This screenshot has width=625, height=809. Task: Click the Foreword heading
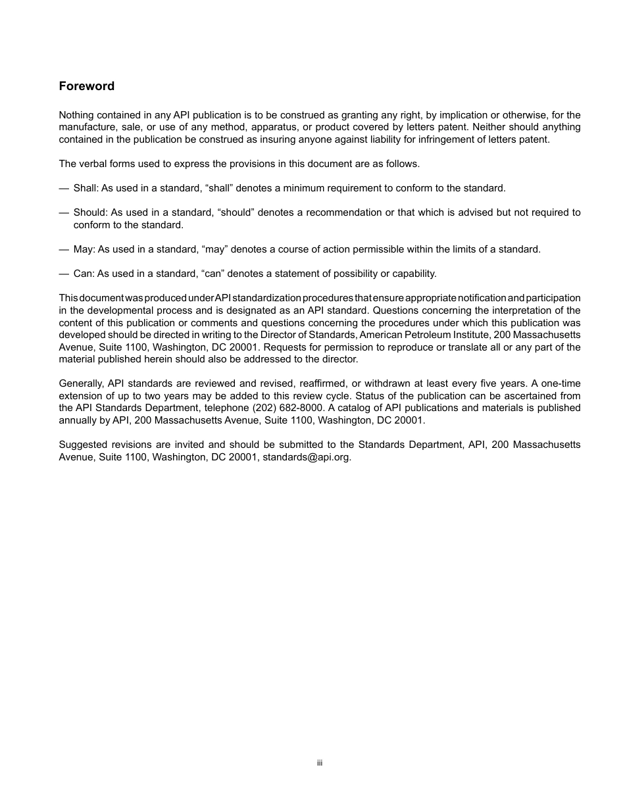[x=86, y=86]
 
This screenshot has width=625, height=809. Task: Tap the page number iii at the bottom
[x=320, y=763]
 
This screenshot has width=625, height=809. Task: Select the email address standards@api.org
[x=307, y=457]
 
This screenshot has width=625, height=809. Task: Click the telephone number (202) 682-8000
[x=287, y=408]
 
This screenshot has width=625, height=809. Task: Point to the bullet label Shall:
[x=86, y=188]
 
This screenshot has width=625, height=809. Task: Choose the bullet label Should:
[x=90, y=212]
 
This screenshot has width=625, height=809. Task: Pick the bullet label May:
[x=84, y=249]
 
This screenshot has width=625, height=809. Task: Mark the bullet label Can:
[x=84, y=274]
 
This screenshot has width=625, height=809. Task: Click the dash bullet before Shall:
[x=64, y=188]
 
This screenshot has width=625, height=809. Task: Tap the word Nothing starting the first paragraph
[x=77, y=115]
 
